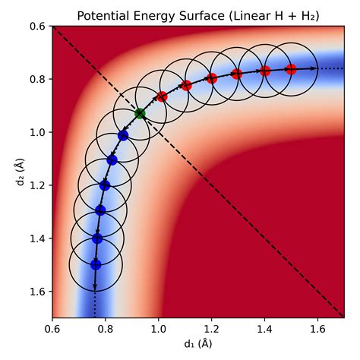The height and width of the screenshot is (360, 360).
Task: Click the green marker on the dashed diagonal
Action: [x=140, y=113]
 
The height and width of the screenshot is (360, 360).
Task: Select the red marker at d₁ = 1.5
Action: [x=291, y=69]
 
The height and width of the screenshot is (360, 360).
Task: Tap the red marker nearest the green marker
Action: [x=162, y=96]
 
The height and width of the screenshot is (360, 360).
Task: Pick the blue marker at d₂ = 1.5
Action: [x=96, y=264]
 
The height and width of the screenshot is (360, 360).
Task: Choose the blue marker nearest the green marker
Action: [x=123, y=134]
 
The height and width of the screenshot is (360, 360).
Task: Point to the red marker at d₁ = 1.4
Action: [x=264, y=71]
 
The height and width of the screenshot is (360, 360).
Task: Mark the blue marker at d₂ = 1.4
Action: [x=97, y=238]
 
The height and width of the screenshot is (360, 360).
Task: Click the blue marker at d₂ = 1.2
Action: [x=105, y=185]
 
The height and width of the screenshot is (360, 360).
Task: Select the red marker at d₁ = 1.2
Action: [x=212, y=78]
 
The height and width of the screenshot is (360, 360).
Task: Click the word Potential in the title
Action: [x=103, y=15]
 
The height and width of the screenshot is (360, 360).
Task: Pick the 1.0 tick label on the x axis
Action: [x=158, y=330]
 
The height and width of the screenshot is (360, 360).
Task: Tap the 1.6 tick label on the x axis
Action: [x=317, y=330]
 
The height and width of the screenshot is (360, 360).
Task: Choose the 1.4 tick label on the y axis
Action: [x=36, y=238]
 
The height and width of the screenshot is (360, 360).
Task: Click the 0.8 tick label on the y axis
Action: [x=36, y=79]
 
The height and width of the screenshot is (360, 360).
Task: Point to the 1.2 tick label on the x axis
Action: [x=211, y=330]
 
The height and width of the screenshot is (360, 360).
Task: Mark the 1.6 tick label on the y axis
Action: [x=36, y=292]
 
